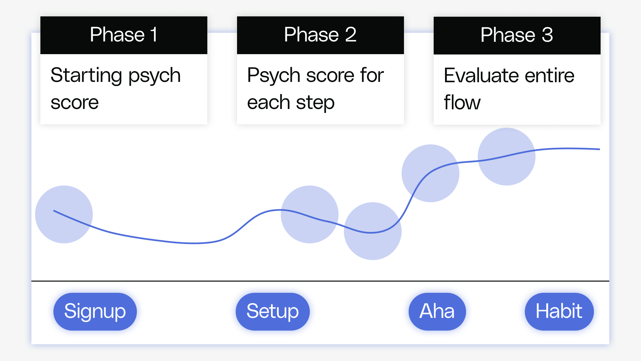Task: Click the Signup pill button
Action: click(95, 312)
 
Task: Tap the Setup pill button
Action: click(272, 312)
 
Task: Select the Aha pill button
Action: click(437, 312)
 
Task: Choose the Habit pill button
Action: click(559, 312)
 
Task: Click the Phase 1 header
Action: click(124, 35)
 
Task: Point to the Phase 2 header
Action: click(320, 35)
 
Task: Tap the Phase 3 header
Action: click(517, 35)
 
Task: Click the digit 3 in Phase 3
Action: click(547, 35)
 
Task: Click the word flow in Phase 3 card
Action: click(462, 102)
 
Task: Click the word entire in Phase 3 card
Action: click(549, 76)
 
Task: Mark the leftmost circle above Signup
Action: click(64, 214)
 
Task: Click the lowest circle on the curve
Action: click(373, 231)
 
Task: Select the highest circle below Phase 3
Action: click(506, 156)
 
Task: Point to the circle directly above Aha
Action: click(430, 173)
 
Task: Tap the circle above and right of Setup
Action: click(309, 214)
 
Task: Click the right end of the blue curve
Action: click(599, 149)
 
